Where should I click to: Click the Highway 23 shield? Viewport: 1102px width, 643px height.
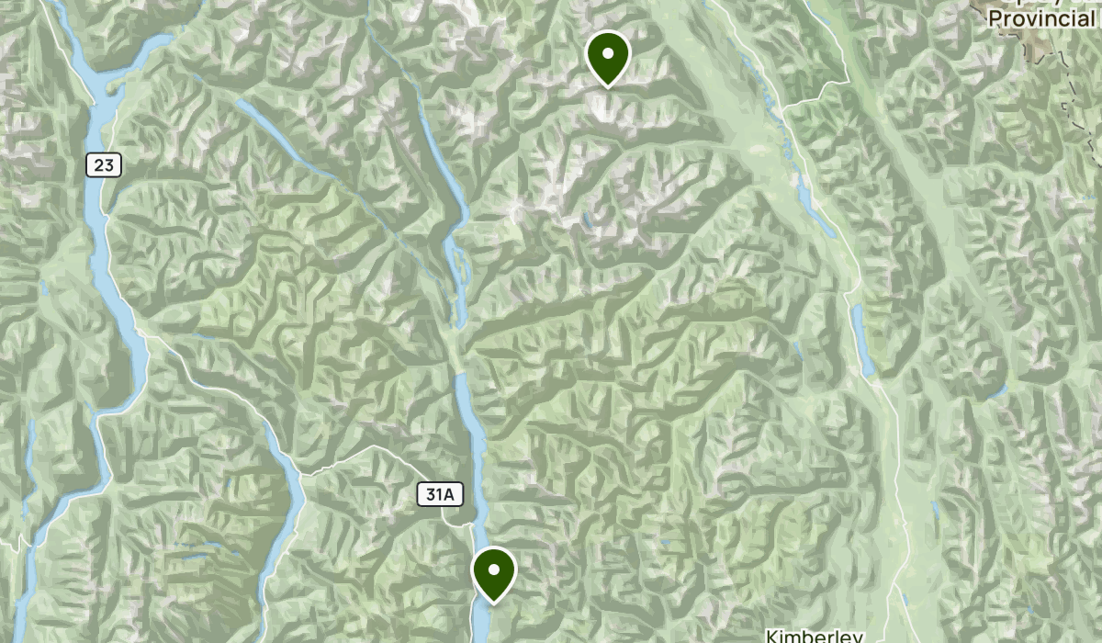105,165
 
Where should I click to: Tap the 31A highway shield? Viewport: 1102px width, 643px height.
440,495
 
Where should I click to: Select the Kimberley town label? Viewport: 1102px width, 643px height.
814,636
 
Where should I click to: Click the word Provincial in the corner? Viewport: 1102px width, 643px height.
1041,18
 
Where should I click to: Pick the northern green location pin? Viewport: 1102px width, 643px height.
607,57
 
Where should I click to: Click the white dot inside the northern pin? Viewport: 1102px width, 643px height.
607,53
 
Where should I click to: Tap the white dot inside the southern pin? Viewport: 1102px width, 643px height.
493,570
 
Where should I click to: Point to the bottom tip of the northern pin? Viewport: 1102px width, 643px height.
607,86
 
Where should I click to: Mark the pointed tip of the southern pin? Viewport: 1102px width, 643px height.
493,603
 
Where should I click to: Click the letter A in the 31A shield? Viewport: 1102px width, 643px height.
449,495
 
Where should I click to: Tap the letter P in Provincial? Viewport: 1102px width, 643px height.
995,18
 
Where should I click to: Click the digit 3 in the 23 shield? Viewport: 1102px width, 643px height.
110,165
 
